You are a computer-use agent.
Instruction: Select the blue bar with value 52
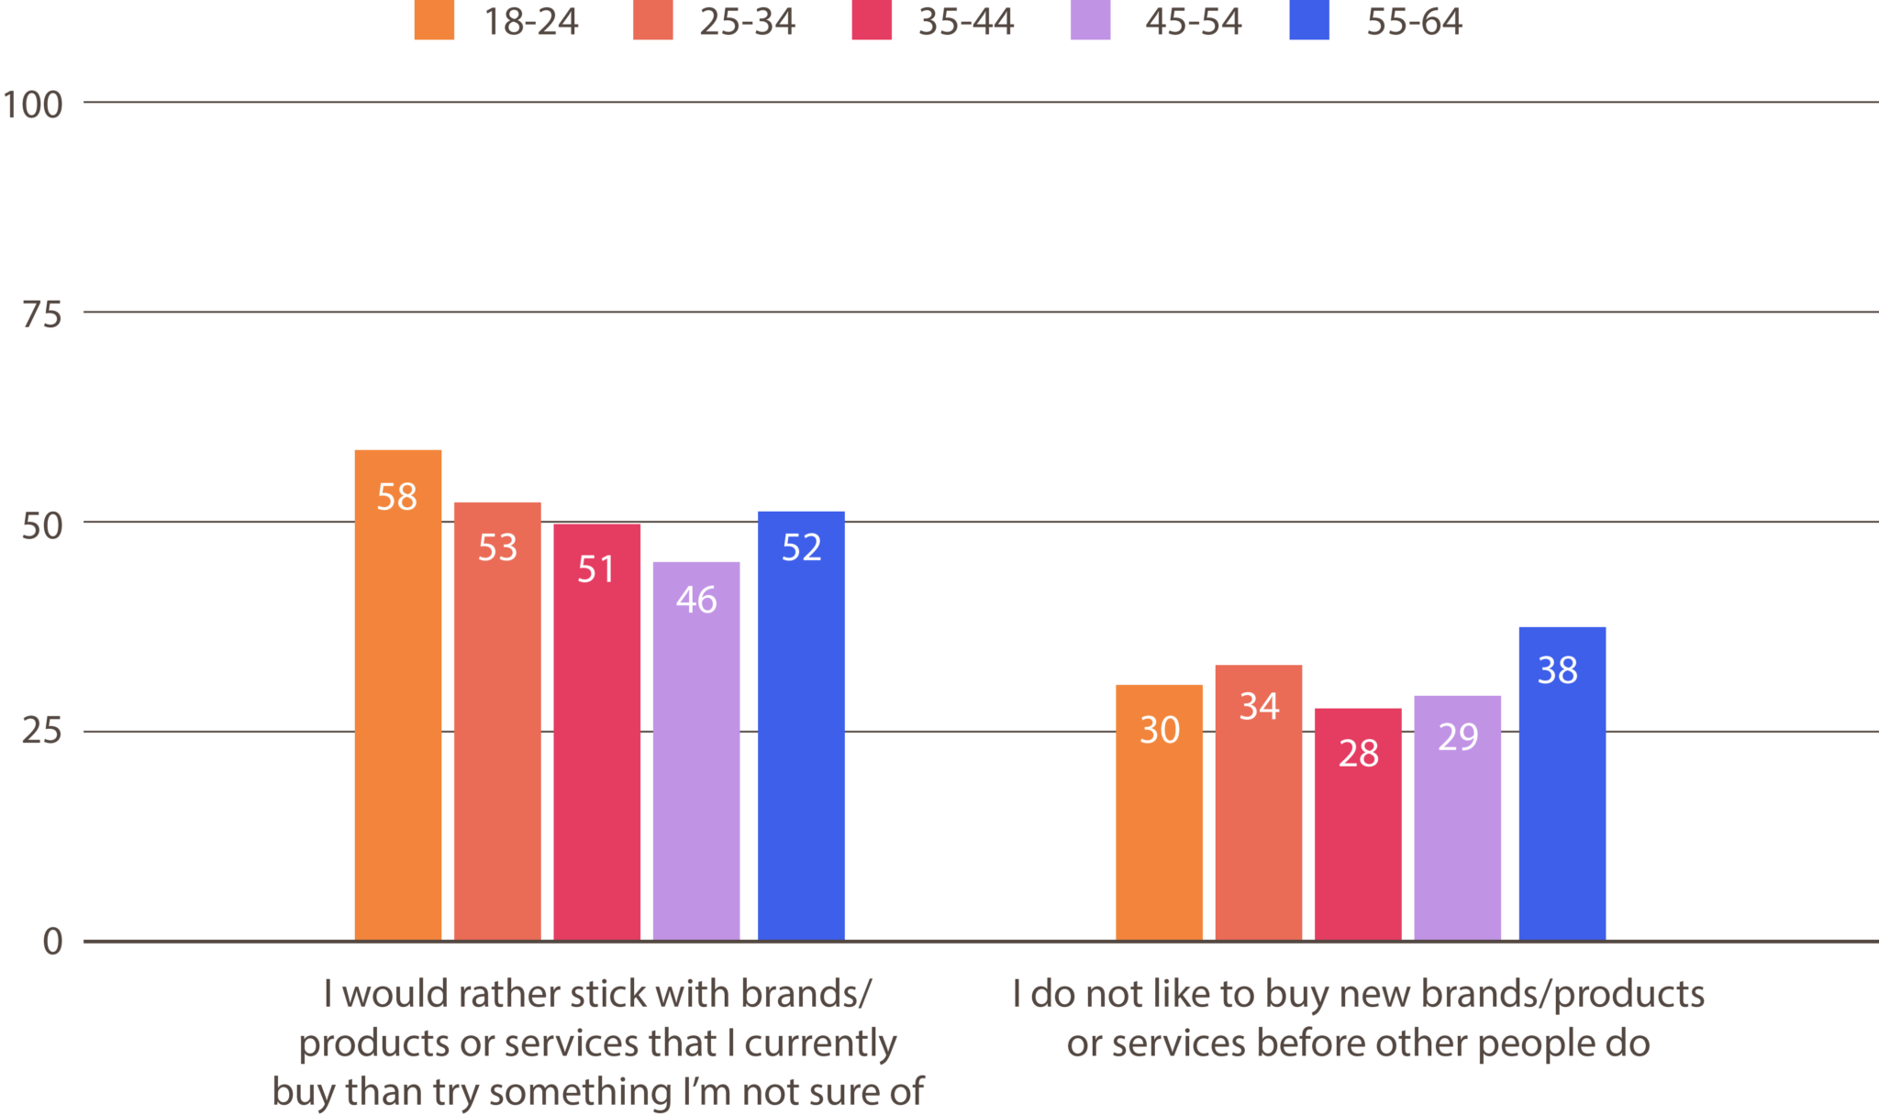coord(801,724)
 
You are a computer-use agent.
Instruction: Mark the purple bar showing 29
coord(1457,817)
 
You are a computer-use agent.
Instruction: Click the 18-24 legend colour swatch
coord(434,21)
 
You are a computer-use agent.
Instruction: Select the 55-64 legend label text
coord(1414,22)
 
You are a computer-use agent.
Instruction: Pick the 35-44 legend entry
coord(965,22)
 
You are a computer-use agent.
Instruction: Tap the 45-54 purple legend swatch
coord(1090,21)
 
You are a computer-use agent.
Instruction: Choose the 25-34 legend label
coord(747,22)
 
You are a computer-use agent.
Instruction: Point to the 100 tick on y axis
coord(33,105)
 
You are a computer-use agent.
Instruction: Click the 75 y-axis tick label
coord(42,315)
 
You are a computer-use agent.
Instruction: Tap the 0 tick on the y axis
coord(52,942)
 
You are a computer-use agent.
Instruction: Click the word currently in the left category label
coord(819,1043)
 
